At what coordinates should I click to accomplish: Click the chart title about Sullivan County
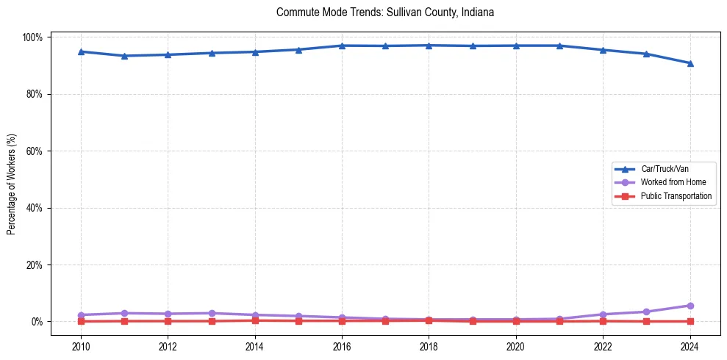(x=385, y=12)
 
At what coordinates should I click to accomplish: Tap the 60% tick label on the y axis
(x=36, y=151)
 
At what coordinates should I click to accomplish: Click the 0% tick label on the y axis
(x=38, y=322)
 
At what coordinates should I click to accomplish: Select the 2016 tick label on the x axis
(x=342, y=347)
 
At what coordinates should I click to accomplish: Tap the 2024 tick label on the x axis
(x=690, y=347)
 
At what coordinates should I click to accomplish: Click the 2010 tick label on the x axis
(x=81, y=347)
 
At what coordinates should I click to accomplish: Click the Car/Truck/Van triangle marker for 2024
(x=690, y=63)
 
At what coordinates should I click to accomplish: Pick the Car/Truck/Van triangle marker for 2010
(x=81, y=51)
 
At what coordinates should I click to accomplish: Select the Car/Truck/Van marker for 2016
(x=342, y=46)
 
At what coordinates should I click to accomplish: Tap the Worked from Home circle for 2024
(x=690, y=306)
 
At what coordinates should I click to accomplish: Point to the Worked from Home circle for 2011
(x=124, y=313)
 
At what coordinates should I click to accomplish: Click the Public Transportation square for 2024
(x=690, y=321)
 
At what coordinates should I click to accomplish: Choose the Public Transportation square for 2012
(x=168, y=321)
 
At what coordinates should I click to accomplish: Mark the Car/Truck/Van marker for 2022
(x=603, y=50)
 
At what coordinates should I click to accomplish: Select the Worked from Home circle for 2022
(x=603, y=314)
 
